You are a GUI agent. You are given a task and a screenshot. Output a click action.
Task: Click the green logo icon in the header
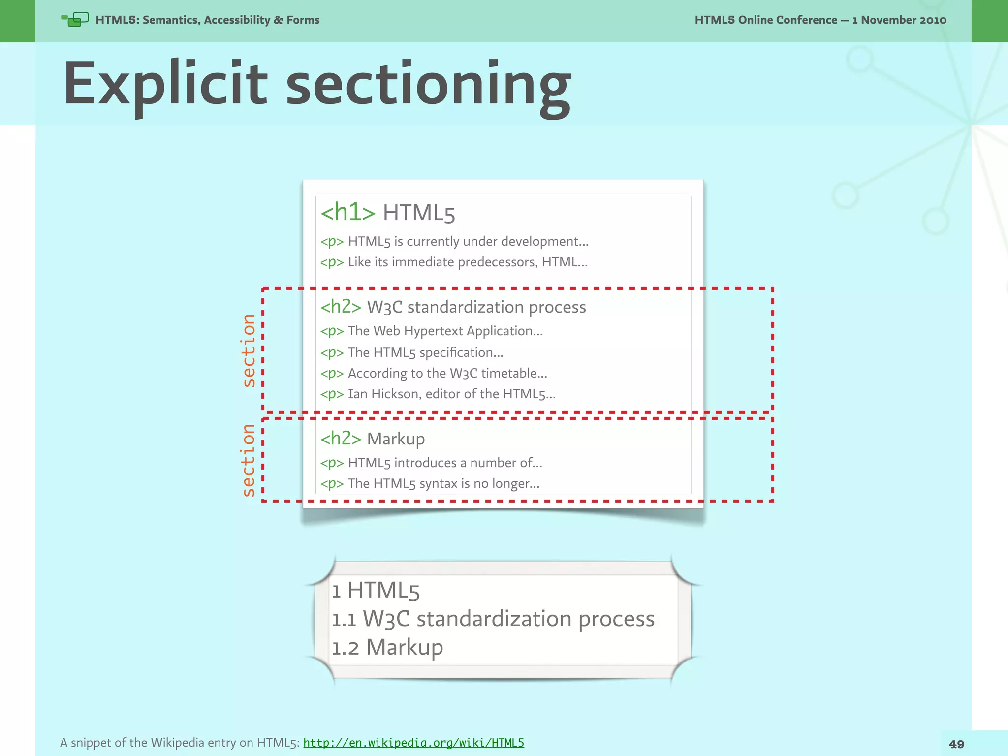coord(75,20)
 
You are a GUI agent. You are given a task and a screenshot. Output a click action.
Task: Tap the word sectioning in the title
coord(428,85)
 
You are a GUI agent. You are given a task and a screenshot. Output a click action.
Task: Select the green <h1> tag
coord(347,212)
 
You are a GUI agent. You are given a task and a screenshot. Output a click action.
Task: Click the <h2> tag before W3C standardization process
coord(341,307)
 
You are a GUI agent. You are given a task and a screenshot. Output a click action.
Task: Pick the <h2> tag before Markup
coord(341,438)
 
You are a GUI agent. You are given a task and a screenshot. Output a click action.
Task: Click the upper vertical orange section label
coord(249,350)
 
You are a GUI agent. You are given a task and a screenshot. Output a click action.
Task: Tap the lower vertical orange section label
coord(249,460)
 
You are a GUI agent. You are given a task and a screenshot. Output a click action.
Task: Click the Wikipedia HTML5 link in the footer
coord(413,743)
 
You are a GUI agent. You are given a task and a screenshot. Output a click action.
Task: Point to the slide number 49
coord(956,744)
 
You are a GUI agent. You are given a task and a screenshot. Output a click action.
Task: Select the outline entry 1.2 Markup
coord(387,647)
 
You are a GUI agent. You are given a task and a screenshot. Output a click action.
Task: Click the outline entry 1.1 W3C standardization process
coord(493,619)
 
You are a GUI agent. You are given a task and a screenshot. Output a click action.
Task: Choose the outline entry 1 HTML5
coord(376,590)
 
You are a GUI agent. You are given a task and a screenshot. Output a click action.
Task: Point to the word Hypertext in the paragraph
coord(433,331)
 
